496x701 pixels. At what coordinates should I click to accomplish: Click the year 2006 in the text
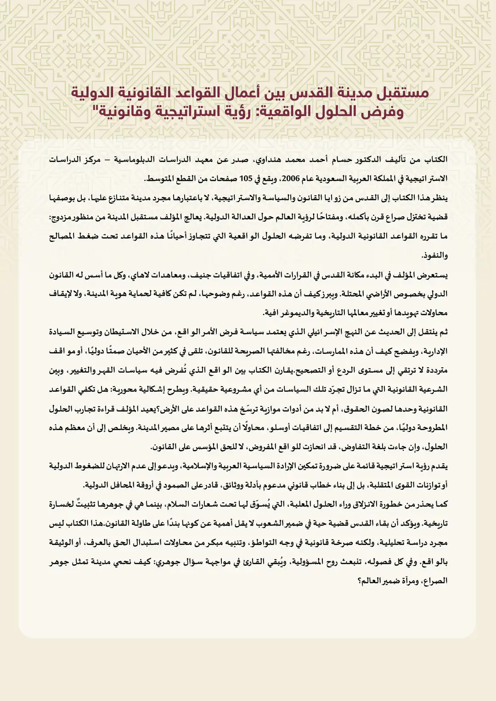(290, 179)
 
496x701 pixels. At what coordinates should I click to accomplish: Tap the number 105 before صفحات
(246, 179)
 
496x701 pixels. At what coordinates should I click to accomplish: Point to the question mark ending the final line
(360, 581)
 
